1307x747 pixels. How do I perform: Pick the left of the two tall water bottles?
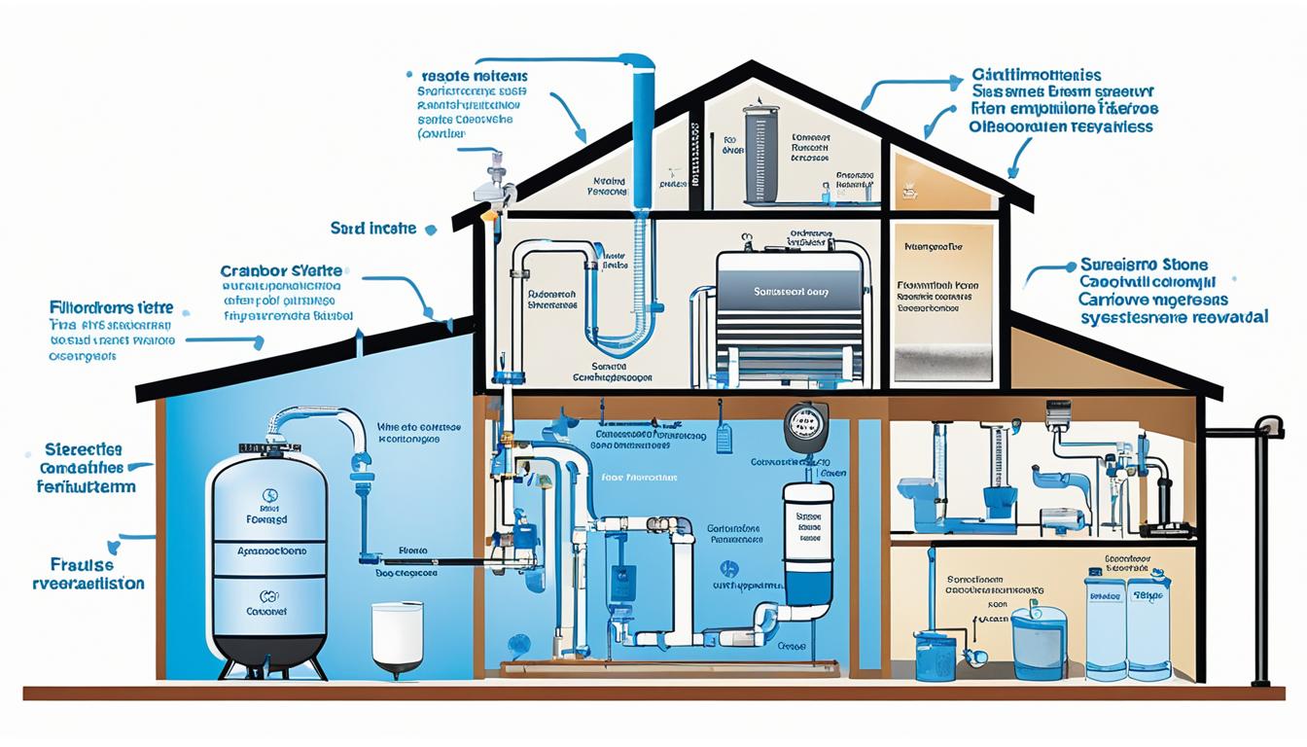[1105, 622]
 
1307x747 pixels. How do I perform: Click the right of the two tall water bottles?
[1149, 622]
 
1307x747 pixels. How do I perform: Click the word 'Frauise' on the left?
[81, 564]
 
